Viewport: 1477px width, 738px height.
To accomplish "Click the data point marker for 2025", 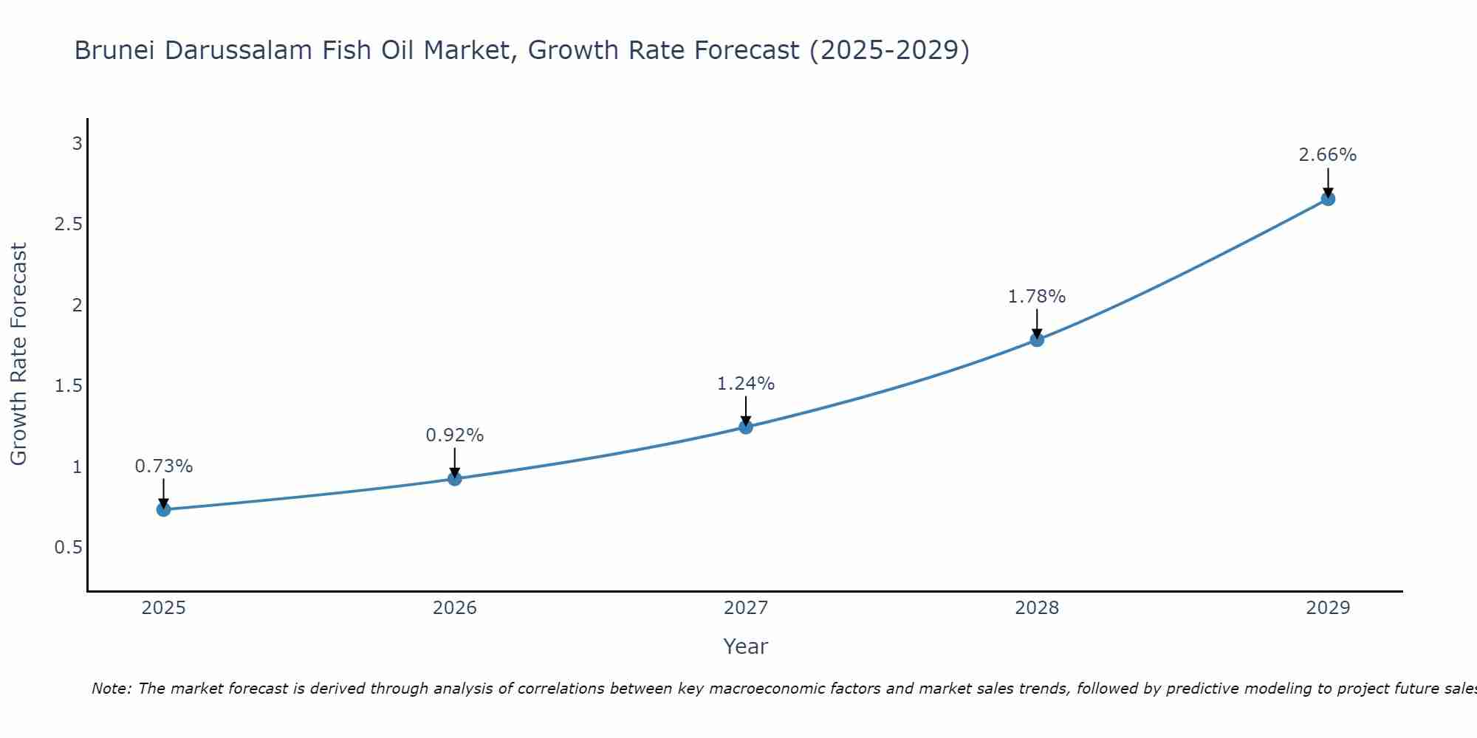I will [164, 509].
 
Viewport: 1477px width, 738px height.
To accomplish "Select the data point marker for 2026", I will [455, 479].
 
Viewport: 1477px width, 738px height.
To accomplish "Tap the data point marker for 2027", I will [746, 427].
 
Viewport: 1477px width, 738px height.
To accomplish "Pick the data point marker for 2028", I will [1037, 339].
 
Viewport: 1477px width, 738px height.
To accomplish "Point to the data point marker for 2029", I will [1328, 199].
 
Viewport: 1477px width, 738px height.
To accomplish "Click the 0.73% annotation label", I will [164, 466].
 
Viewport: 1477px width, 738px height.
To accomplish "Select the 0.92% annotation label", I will [455, 435].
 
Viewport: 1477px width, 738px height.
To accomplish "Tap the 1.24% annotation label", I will [746, 384].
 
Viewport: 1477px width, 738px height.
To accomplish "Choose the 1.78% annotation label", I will [1037, 297].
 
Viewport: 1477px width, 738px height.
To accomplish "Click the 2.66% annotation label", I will [1328, 155].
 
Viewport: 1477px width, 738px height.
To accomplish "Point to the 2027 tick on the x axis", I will [746, 608].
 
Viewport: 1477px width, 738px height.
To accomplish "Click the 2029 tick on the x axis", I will [1328, 608].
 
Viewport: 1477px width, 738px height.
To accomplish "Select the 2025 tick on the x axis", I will [164, 608].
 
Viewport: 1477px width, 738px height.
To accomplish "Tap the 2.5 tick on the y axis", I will [68, 224].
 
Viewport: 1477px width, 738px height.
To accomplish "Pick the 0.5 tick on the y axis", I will [68, 548].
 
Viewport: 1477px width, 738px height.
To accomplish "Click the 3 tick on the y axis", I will [77, 143].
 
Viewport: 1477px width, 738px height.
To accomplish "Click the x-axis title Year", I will [746, 646].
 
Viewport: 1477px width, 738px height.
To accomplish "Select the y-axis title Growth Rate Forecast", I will [18, 354].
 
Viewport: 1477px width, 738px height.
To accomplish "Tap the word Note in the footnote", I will [111, 689].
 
